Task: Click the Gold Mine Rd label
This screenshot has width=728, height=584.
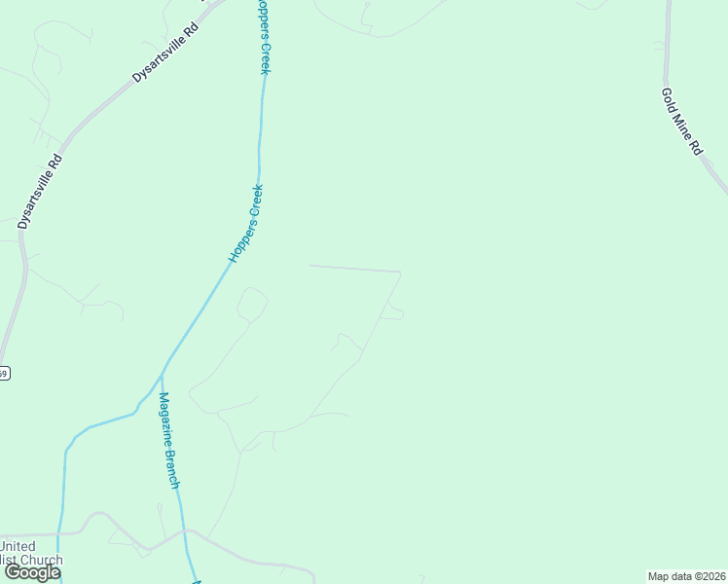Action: click(681, 122)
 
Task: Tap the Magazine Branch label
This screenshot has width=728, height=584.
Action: click(169, 440)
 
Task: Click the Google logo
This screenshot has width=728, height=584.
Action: click(32, 572)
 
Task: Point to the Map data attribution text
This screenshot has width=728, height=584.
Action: click(685, 576)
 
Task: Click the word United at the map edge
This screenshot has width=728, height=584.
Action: click(18, 546)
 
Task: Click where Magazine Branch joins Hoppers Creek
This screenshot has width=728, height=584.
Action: click(162, 372)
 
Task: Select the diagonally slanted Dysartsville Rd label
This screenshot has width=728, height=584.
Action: click(164, 54)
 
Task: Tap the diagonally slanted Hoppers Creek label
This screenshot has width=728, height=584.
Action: click(246, 223)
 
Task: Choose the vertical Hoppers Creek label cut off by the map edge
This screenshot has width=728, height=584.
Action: click(262, 37)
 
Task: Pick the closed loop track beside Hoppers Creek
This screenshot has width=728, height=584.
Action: click(251, 304)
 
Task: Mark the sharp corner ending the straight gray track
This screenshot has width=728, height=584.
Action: click(400, 272)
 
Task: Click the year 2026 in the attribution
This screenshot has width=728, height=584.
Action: click(710, 576)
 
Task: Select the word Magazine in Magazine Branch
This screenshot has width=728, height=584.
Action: click(164, 418)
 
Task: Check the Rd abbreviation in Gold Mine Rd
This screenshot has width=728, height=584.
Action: click(696, 148)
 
